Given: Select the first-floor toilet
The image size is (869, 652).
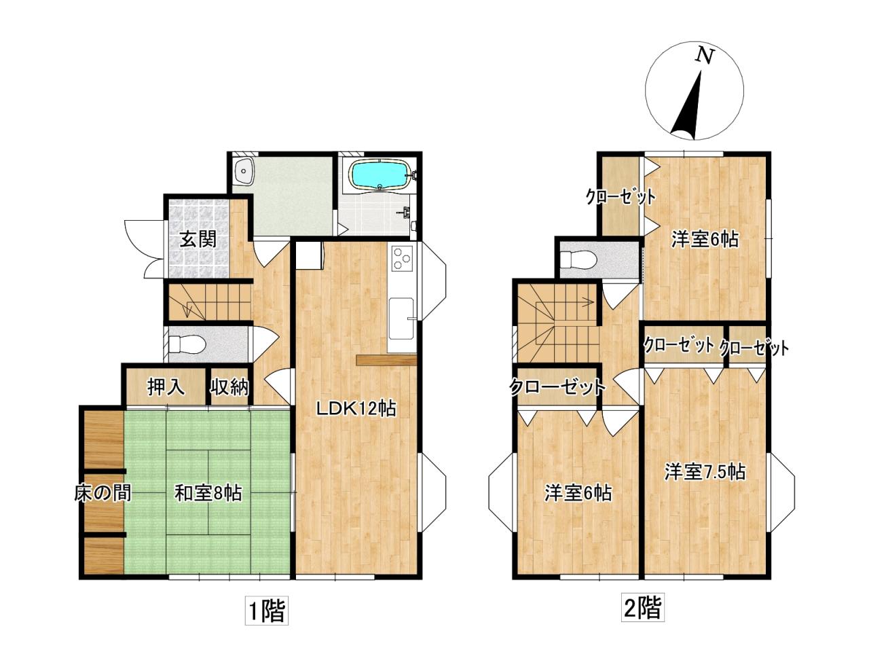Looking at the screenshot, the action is pyautogui.click(x=187, y=344).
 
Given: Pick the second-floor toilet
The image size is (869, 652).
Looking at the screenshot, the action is pyautogui.click(x=579, y=259).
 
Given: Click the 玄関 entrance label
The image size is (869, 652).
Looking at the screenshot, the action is pyautogui.click(x=198, y=239).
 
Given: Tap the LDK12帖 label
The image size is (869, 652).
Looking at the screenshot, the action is pyautogui.click(x=356, y=408).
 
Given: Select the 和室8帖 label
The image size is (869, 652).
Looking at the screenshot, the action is pyautogui.click(x=208, y=493).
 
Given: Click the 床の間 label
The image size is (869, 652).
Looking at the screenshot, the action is pyautogui.click(x=103, y=493).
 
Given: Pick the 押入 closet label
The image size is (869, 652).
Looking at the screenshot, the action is pyautogui.click(x=166, y=386).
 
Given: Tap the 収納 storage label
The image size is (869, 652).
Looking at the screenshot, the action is pyautogui.click(x=229, y=386).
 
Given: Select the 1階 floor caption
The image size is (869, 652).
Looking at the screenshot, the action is pyautogui.click(x=266, y=611).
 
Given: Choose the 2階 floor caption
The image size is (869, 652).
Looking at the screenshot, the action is pyautogui.click(x=642, y=607).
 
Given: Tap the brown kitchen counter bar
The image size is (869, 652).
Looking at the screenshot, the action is pyautogui.click(x=386, y=359).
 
